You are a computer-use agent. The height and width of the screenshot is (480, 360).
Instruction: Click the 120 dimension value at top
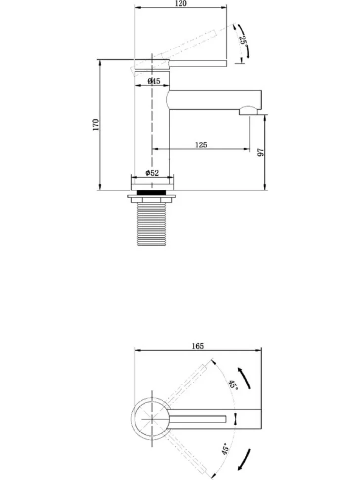181,4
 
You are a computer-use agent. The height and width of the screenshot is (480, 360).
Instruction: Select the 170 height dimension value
96,125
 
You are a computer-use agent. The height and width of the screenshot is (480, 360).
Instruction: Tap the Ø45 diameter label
154,81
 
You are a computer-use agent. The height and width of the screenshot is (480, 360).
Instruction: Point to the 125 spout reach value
201,144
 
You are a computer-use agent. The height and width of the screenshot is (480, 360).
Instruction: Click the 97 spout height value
260,152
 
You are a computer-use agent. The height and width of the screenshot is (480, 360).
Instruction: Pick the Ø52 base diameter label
152,173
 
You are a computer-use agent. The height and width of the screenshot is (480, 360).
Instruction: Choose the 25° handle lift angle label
243,40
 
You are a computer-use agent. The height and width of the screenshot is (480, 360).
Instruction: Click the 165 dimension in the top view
198,346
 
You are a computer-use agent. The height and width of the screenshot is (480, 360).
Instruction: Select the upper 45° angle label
233,385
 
